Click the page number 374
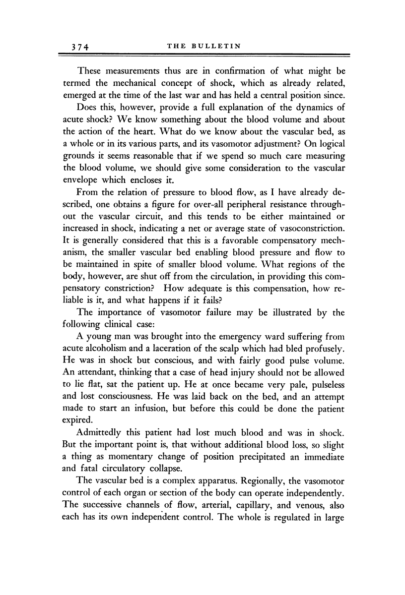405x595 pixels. tap(79, 47)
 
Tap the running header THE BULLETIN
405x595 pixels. tap(204, 47)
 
